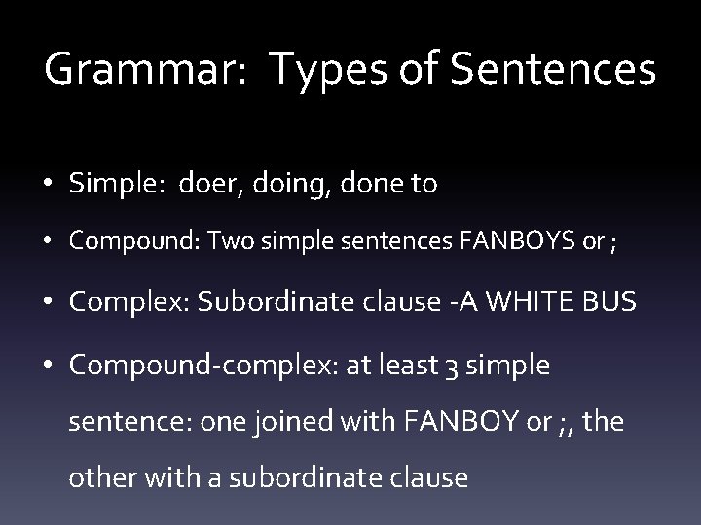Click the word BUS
tap(609, 302)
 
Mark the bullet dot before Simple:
tap(47, 185)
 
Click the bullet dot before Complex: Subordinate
tap(47, 303)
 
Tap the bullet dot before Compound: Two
tap(47, 242)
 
